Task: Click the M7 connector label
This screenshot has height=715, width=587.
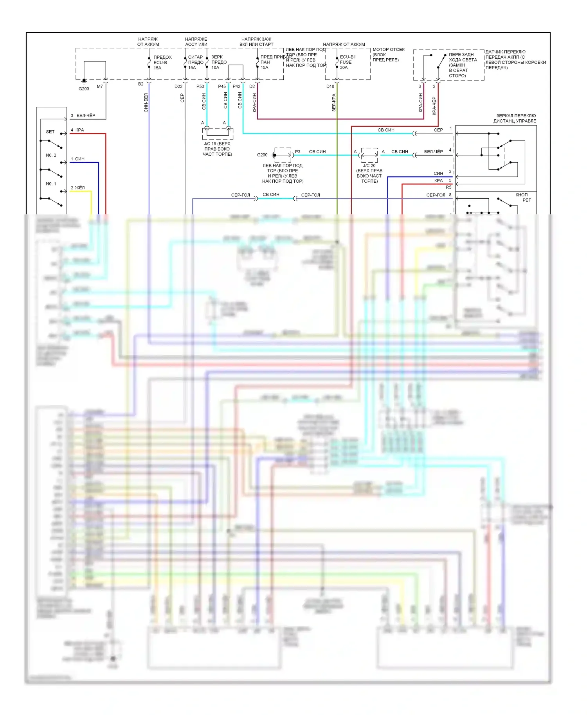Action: click(x=100, y=86)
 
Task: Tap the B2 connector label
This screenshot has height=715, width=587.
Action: click(x=141, y=84)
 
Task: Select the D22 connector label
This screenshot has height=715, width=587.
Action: click(x=178, y=86)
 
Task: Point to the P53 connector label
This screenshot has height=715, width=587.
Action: click(x=200, y=86)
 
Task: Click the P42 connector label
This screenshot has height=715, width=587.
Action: click(x=236, y=86)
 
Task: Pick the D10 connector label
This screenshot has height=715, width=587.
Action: click(x=330, y=86)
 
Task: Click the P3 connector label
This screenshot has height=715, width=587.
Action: click(x=298, y=152)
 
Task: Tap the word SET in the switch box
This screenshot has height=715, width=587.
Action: click(x=50, y=132)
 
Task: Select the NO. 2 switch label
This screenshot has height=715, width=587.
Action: click(x=51, y=155)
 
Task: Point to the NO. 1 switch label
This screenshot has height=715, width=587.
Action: click(x=51, y=184)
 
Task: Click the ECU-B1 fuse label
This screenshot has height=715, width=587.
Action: click(x=348, y=57)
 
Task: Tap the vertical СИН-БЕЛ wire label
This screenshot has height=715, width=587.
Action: click(x=146, y=102)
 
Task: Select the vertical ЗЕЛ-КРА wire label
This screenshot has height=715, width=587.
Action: click(x=334, y=102)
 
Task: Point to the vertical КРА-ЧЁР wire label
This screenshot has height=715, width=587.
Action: click(x=434, y=106)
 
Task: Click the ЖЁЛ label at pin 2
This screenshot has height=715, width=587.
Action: click(x=80, y=188)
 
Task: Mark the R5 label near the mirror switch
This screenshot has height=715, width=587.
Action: click(x=448, y=187)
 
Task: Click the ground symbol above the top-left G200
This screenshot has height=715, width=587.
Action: click(x=84, y=81)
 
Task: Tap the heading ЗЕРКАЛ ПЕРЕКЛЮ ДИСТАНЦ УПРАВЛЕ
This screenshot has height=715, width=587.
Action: click(x=515, y=118)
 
